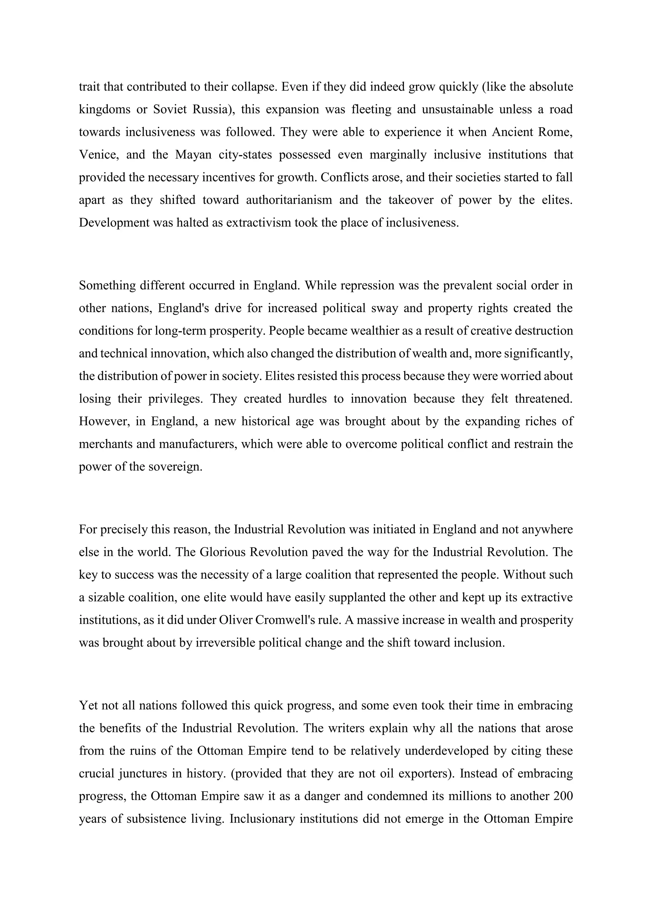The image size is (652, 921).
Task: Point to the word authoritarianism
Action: click(x=289, y=200)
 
